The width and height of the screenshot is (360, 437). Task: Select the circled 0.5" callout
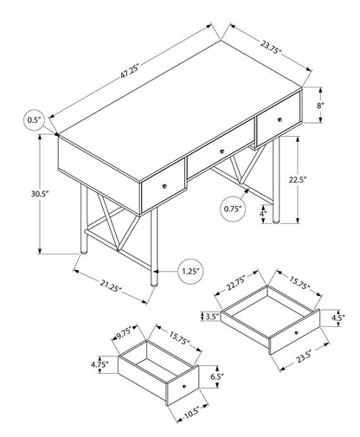pos(35,119)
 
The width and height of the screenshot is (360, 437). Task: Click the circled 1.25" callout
pos(191,271)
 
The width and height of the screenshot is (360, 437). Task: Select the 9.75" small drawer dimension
pos(123,330)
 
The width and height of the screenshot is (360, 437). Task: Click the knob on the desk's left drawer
pos(164,186)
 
